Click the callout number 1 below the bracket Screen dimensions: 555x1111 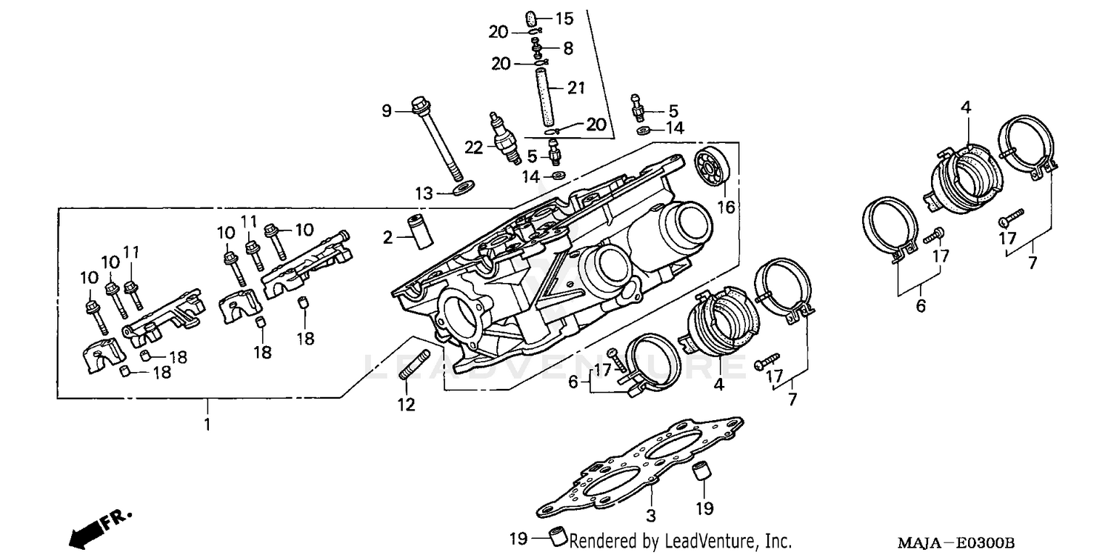tap(207, 425)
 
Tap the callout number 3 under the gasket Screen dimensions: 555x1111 tap(650, 515)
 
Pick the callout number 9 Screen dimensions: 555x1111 tap(386, 111)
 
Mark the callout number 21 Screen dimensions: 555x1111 tap(576, 88)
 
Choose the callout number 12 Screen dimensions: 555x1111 tap(406, 405)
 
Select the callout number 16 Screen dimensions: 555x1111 tap(726, 207)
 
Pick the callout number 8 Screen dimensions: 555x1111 tap(567, 48)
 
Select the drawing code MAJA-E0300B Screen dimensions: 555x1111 tap(955, 543)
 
